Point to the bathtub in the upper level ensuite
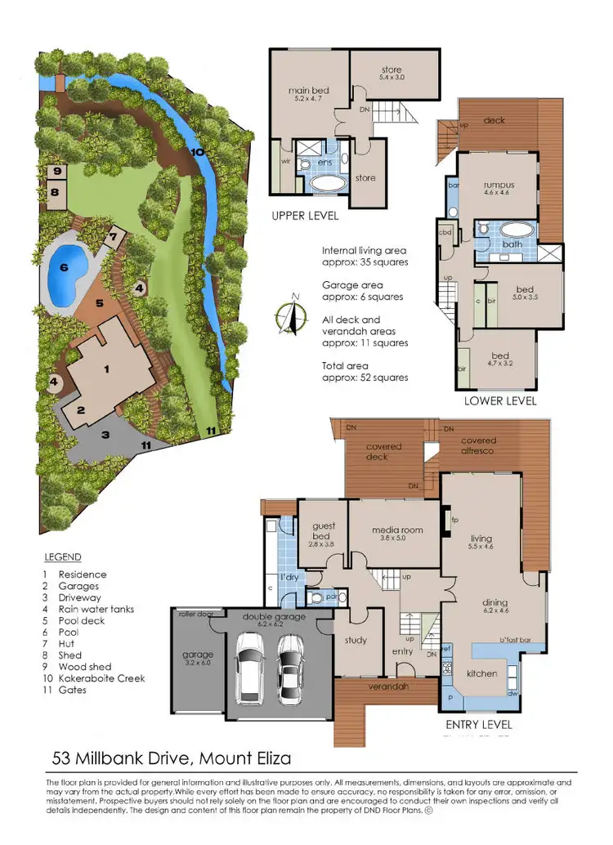326,182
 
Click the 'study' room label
356,641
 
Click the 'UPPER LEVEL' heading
305,217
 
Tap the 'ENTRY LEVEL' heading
479,724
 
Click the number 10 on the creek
197,151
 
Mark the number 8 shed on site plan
56,193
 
